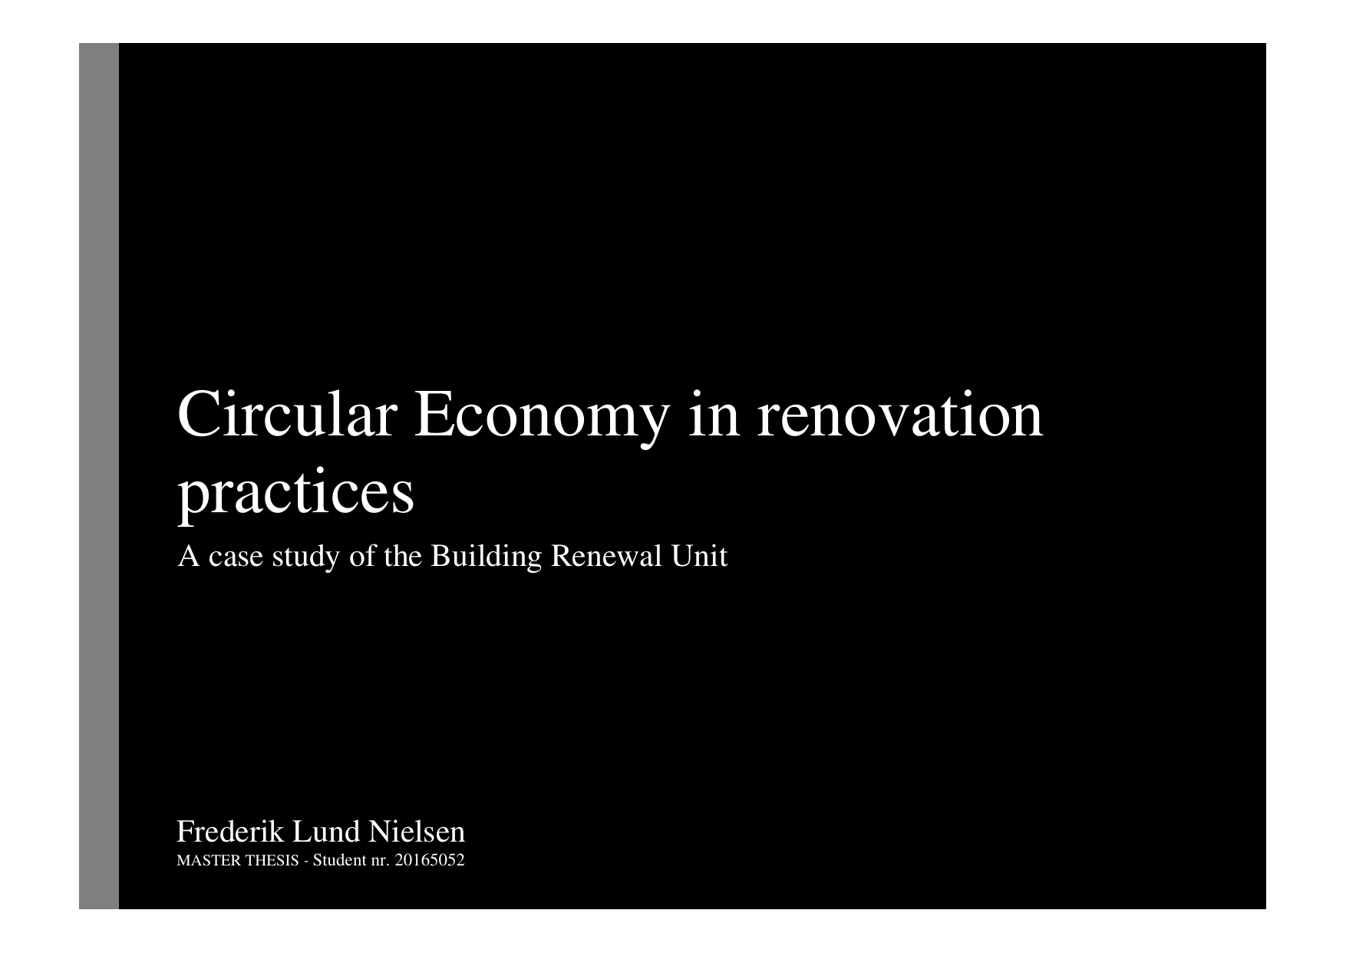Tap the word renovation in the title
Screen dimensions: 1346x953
(x=900, y=415)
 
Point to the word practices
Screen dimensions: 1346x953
(x=295, y=496)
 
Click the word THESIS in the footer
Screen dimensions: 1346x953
(x=272, y=860)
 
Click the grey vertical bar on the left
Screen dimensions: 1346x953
(x=99, y=476)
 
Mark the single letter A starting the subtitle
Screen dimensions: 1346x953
(x=189, y=556)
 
